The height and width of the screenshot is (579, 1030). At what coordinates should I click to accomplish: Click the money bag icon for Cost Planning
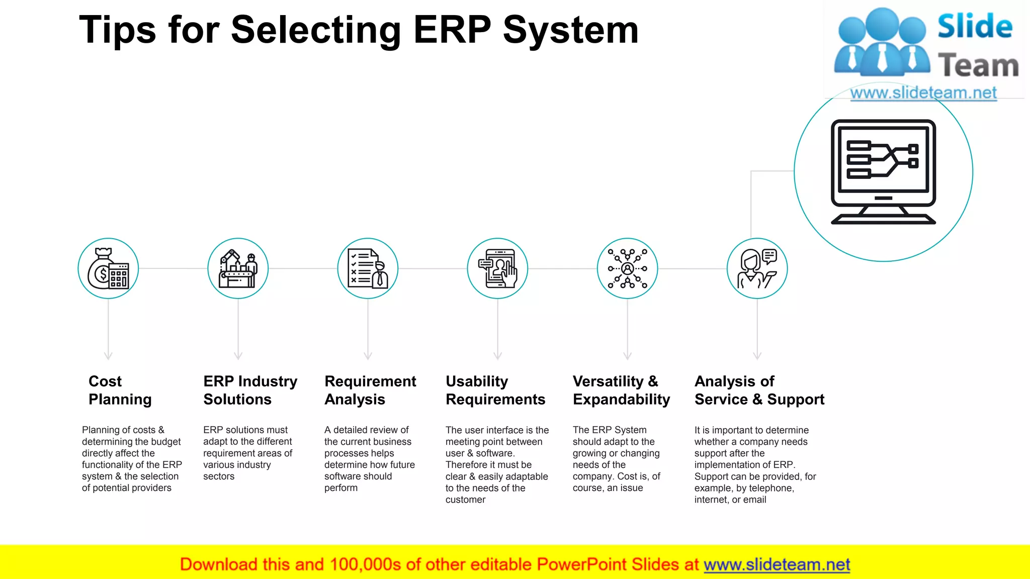tap(108, 269)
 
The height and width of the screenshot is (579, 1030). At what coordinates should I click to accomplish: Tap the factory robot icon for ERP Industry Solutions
tap(238, 269)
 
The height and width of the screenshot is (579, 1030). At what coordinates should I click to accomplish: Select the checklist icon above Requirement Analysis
tap(368, 269)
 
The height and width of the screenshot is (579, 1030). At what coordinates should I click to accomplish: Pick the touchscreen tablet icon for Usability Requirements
tap(497, 269)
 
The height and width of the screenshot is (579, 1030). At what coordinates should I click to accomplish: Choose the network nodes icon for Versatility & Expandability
tap(627, 269)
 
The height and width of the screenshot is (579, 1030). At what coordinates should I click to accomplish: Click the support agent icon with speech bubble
tap(757, 269)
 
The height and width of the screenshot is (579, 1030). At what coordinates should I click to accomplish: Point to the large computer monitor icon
tap(883, 172)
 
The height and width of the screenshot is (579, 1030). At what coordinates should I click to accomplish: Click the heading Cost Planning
tap(120, 390)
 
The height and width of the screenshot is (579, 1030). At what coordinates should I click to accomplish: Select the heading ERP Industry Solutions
tap(250, 390)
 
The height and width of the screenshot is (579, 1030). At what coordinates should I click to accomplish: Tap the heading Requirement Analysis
tap(370, 390)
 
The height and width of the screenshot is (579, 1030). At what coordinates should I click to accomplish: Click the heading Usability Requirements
tap(495, 390)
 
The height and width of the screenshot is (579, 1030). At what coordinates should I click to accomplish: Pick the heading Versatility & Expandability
tap(621, 390)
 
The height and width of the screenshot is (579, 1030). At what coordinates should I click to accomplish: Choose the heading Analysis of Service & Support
tap(759, 390)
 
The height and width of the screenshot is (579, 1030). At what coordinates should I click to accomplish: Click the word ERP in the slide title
tap(452, 30)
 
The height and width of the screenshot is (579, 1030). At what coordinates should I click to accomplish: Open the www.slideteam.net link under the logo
tap(923, 93)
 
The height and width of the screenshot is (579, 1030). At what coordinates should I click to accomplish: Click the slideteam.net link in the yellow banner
tap(777, 564)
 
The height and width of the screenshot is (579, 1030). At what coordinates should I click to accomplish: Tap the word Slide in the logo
tap(975, 27)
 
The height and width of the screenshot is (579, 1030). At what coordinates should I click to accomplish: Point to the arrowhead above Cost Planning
tap(108, 356)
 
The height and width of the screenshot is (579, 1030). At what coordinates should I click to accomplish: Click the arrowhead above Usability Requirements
tap(497, 356)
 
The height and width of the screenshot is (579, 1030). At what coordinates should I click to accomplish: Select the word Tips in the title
tap(118, 30)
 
